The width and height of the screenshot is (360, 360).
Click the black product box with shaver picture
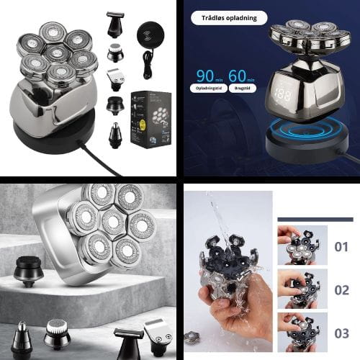click(x=149, y=119)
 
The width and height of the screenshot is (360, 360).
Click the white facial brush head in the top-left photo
click(x=114, y=53)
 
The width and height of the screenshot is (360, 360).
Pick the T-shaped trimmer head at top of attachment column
click(x=114, y=23)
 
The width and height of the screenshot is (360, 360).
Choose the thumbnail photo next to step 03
click(x=302, y=331)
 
